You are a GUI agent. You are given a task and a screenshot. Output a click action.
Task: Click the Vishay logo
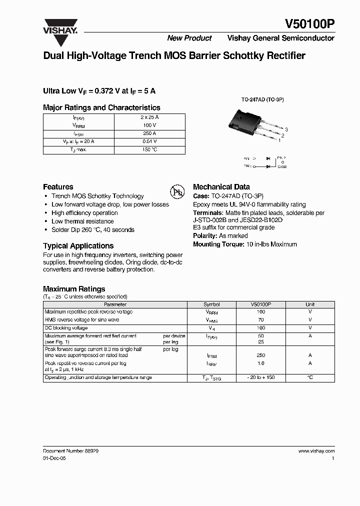(59, 26)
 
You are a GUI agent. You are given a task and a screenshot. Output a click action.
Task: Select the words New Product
(189, 38)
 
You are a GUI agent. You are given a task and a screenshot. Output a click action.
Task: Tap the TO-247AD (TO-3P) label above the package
(262, 99)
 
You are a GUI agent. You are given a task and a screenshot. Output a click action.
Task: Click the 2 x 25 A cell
(149, 117)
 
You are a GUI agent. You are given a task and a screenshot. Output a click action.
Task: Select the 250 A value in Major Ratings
(149, 133)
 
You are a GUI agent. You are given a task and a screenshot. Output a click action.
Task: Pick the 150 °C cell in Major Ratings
(149, 149)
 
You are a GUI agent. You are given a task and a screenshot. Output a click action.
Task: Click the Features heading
(58, 186)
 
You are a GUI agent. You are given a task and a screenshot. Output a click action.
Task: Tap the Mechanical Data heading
(221, 186)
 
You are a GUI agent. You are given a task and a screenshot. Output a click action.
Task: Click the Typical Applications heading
(78, 245)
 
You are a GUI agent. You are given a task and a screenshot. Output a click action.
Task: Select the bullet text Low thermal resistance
(82, 221)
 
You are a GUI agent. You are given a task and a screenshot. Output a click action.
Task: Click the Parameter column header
(115, 304)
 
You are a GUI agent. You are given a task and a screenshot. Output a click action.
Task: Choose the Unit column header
(310, 304)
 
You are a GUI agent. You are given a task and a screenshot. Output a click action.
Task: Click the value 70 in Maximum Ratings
(260, 319)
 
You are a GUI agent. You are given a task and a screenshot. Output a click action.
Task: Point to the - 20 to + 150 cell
(260, 377)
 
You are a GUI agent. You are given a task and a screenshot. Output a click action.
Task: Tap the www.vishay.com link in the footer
(316, 450)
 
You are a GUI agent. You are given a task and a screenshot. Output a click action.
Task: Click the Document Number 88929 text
(70, 450)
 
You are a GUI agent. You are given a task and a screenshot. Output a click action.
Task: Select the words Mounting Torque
(215, 244)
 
